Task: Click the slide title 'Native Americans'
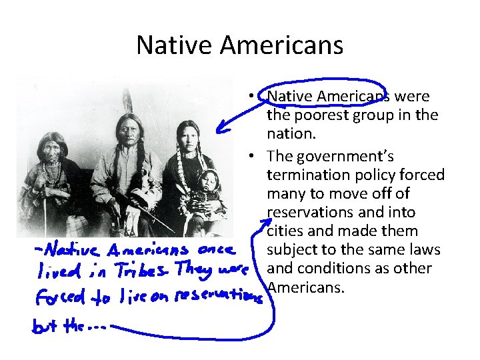(239, 45)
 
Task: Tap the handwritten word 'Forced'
(57, 299)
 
